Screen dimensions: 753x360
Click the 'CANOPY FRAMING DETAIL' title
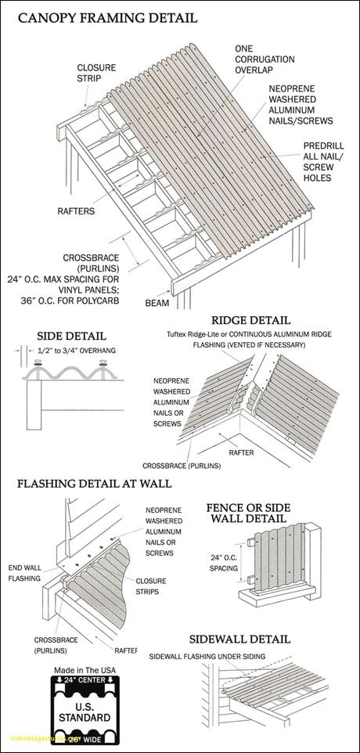(x=108, y=16)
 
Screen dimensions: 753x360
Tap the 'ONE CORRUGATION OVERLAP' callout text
(x=265, y=59)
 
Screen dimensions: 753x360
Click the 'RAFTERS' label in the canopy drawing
(x=75, y=211)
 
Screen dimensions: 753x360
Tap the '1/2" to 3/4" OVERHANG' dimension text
(x=77, y=351)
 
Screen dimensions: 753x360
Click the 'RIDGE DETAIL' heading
(x=250, y=319)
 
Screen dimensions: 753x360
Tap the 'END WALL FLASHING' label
(x=24, y=572)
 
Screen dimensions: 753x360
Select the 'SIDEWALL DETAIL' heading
(x=250, y=640)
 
